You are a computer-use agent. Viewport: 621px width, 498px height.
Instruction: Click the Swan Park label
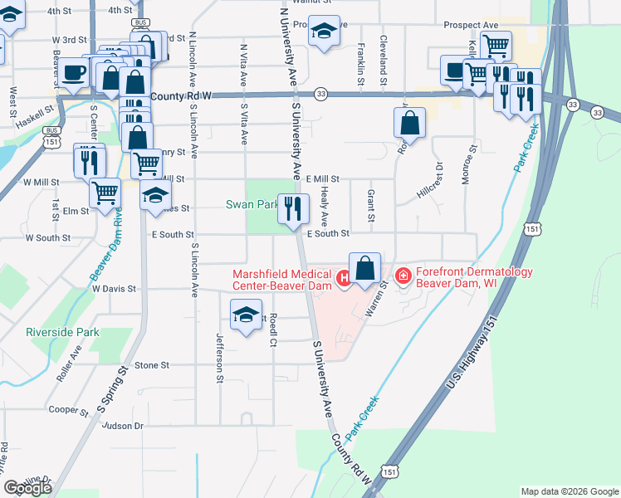252,204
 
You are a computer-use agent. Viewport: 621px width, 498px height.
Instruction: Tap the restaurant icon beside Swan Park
292,209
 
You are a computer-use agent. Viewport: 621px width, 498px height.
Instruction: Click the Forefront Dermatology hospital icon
403,275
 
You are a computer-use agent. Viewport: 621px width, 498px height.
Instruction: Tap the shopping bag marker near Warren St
365,269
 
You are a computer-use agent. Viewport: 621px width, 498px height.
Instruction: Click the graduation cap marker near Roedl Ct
246,315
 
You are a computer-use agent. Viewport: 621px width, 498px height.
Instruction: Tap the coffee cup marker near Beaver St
74,72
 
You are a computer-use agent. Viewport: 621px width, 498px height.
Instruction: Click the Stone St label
152,364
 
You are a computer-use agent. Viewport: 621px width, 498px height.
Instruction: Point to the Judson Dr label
125,426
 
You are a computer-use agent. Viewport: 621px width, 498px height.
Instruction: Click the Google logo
27,488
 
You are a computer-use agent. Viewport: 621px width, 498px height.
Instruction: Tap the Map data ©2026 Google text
569,491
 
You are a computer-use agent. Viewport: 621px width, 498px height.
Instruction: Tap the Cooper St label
69,410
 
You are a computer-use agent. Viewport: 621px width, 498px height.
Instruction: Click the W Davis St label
114,289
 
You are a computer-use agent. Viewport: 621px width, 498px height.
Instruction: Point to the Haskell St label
34,109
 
